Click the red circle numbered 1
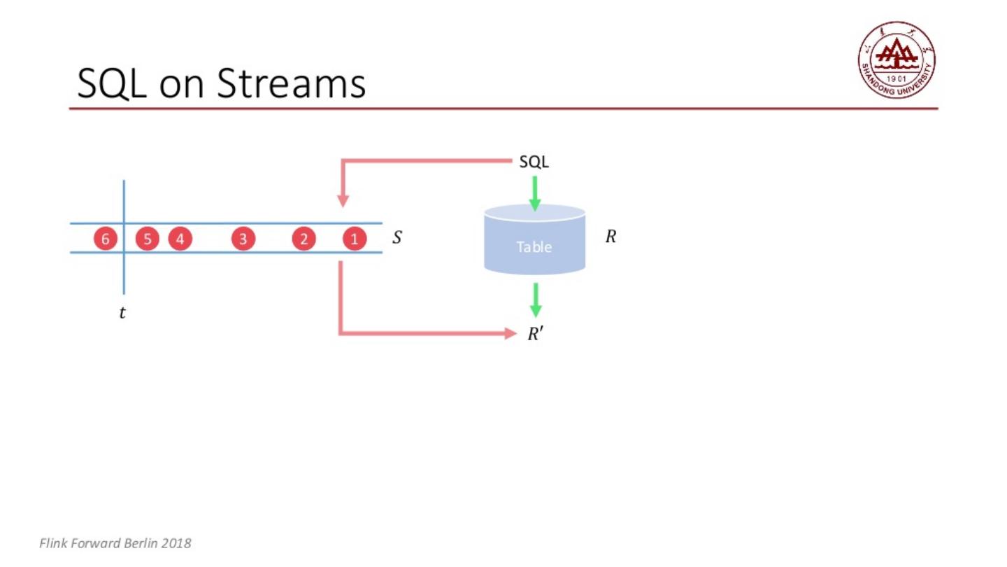(x=355, y=239)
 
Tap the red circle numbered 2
(x=303, y=239)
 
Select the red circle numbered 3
(x=243, y=239)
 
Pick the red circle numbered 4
(x=180, y=239)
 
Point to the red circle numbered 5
(x=147, y=239)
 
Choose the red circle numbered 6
(x=106, y=239)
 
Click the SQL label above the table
(x=534, y=162)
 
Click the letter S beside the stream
(x=397, y=237)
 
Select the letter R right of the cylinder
(x=610, y=237)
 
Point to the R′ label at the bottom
(x=535, y=334)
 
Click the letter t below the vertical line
(x=122, y=313)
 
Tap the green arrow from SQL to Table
(x=535, y=192)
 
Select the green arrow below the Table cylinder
(x=536, y=300)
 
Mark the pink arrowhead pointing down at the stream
(x=343, y=200)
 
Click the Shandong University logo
(x=897, y=59)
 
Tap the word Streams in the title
(x=291, y=83)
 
